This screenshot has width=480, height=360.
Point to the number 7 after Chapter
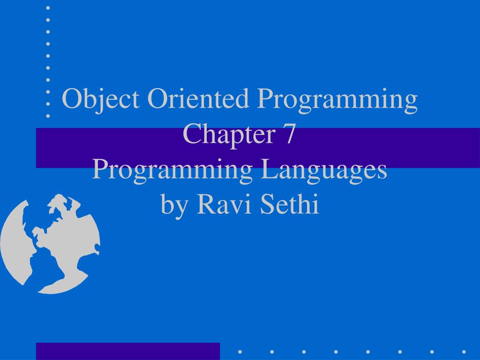click(x=289, y=135)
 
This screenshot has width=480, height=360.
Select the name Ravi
click(x=215, y=204)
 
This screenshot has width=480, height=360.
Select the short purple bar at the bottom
click(x=127, y=351)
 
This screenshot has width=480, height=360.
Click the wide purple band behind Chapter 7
click(x=398, y=148)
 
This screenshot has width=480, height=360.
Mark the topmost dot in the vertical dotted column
click(x=48, y=8)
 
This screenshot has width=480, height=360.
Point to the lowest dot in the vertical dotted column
click(x=48, y=115)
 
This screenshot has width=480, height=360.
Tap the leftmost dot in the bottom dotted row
click(x=240, y=351)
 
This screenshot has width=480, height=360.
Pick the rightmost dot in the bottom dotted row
click(x=464, y=351)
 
